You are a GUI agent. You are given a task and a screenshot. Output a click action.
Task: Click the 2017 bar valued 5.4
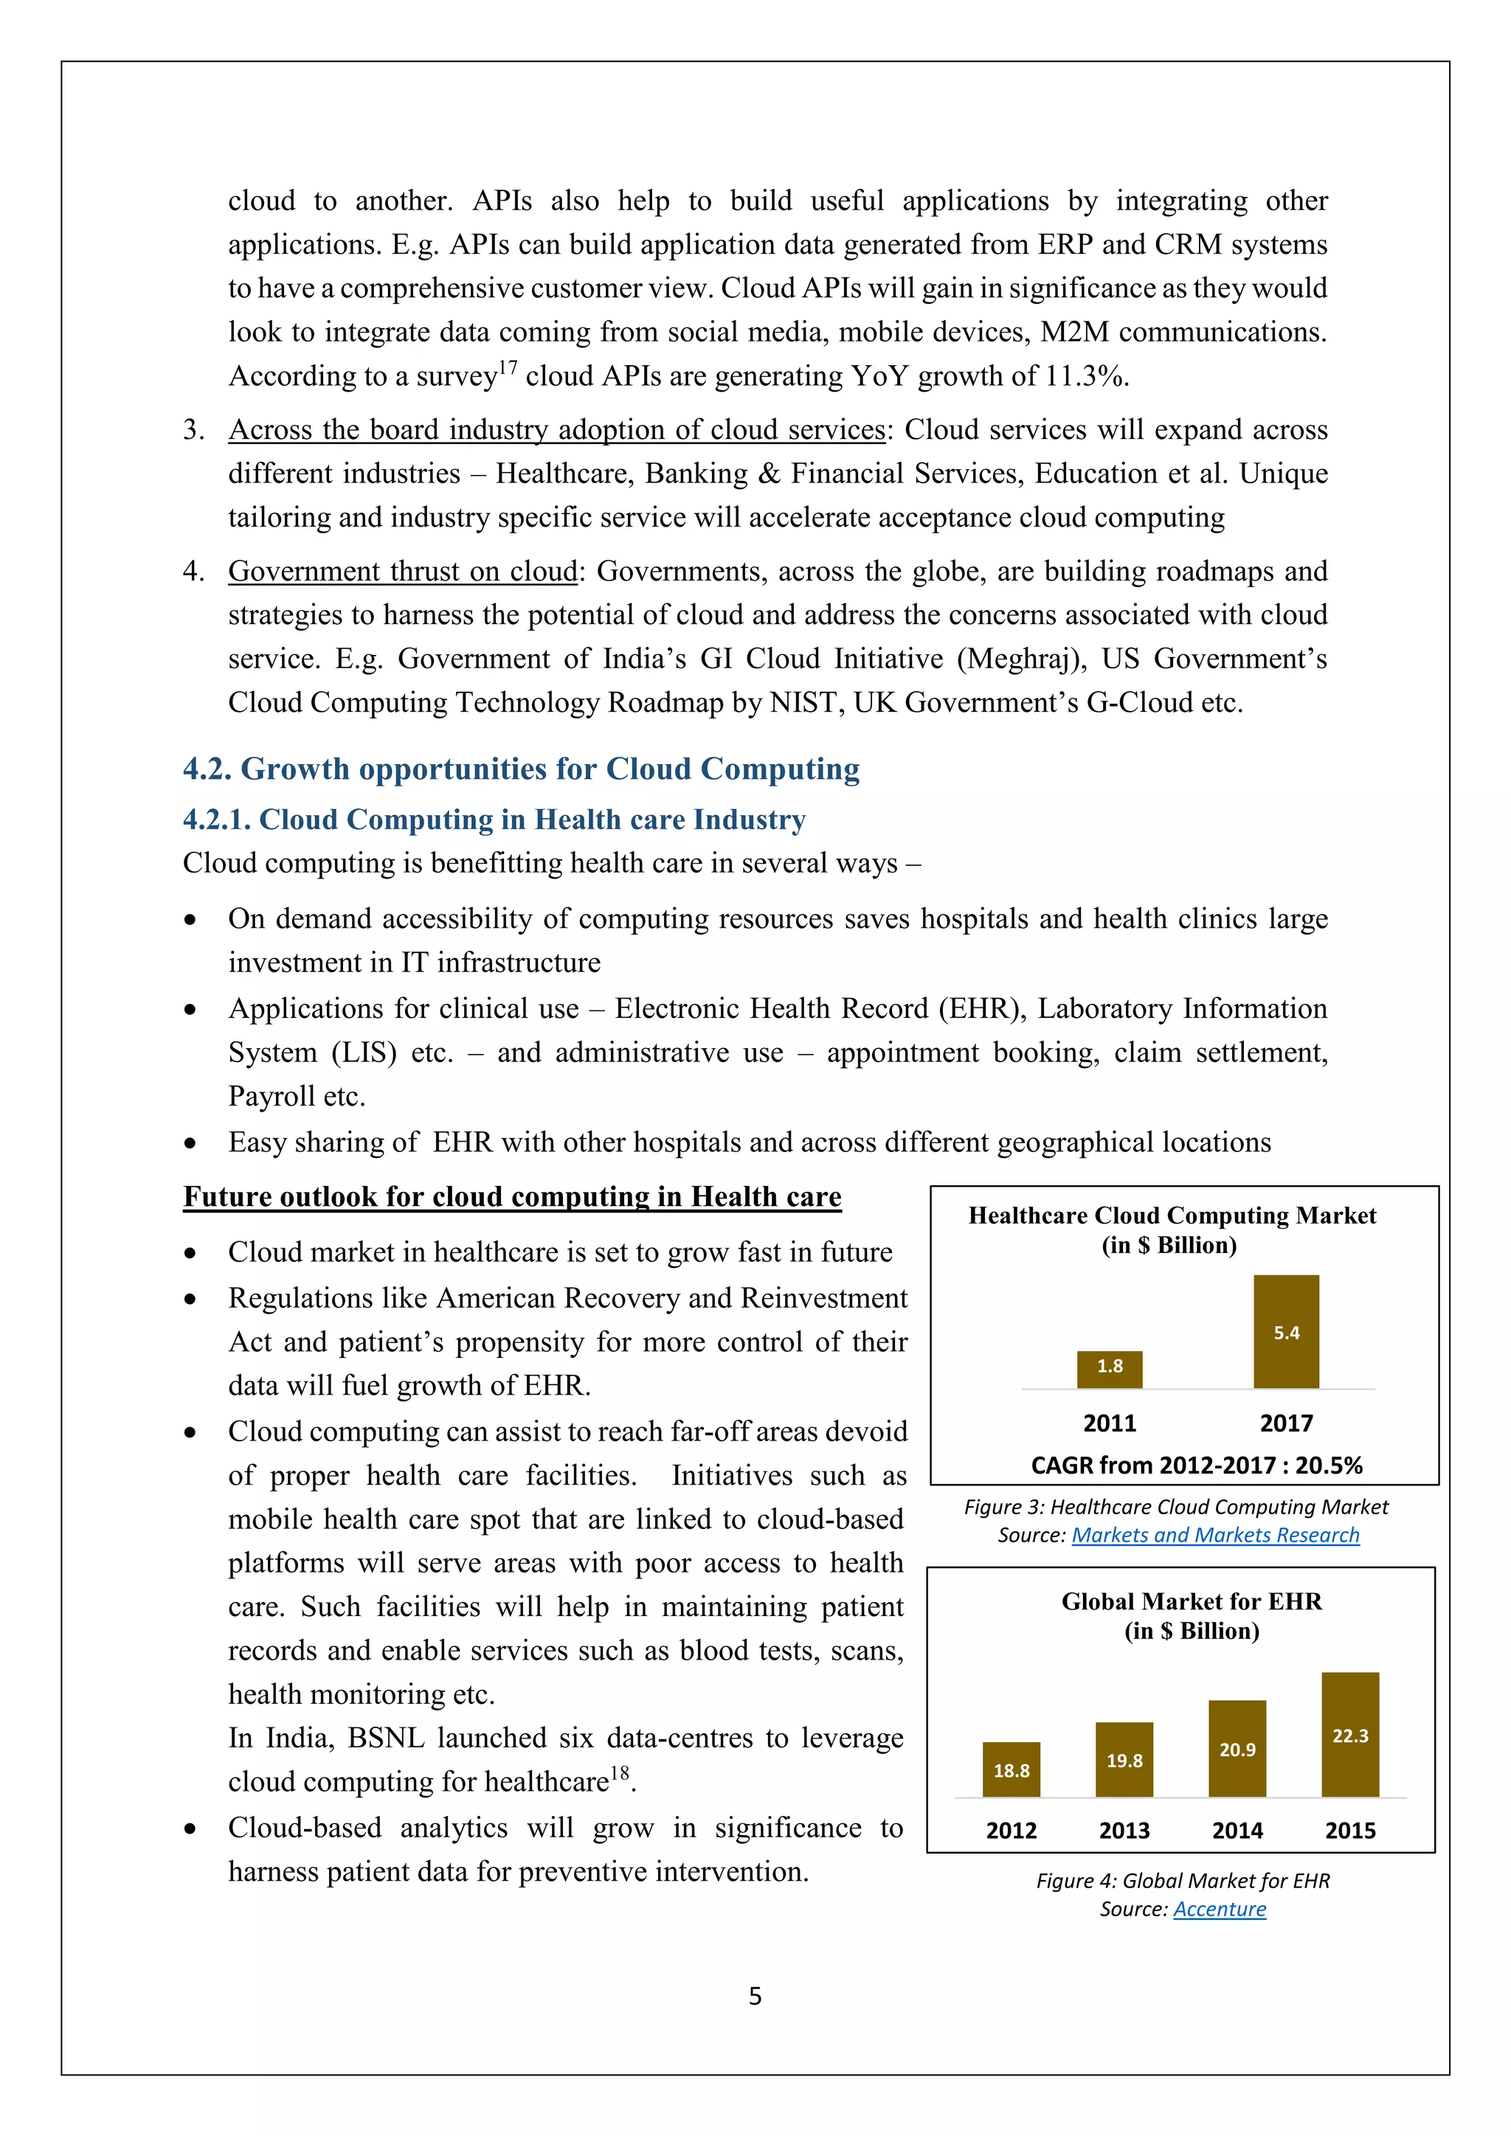pyautogui.click(x=1286, y=1331)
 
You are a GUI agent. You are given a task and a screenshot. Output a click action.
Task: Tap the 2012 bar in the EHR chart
pyautogui.click(x=1012, y=1769)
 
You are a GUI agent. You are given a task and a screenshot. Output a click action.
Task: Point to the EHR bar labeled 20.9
pyautogui.click(x=1237, y=1748)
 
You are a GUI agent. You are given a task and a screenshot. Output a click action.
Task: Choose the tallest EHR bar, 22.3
pyautogui.click(x=1350, y=1734)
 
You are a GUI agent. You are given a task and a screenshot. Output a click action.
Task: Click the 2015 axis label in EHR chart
pyautogui.click(x=1350, y=1831)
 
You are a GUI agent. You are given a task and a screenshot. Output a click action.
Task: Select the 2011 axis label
pyautogui.click(x=1109, y=1424)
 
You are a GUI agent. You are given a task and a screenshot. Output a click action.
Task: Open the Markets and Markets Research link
pyautogui.click(x=1215, y=1535)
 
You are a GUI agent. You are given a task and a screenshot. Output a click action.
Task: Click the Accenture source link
pyautogui.click(x=1219, y=1909)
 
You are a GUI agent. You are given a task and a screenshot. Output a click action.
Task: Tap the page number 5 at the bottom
pyautogui.click(x=755, y=1996)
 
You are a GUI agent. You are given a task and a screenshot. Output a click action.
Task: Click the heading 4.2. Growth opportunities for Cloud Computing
pyautogui.click(x=521, y=769)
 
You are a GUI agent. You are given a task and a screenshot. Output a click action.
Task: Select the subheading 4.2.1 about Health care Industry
pyautogui.click(x=494, y=819)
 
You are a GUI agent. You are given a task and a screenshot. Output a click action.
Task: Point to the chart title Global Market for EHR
pyautogui.click(x=1191, y=1601)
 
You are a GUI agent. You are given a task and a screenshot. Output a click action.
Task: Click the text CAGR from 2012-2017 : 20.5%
pyautogui.click(x=1197, y=1466)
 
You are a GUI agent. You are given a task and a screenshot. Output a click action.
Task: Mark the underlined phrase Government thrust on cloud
pyautogui.click(x=403, y=571)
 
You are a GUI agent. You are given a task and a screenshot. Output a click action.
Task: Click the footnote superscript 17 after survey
pyautogui.click(x=507, y=368)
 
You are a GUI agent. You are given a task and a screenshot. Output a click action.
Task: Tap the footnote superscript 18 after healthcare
pyautogui.click(x=619, y=1773)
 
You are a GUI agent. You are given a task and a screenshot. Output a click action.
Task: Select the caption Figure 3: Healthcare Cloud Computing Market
pyautogui.click(x=1175, y=1507)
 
